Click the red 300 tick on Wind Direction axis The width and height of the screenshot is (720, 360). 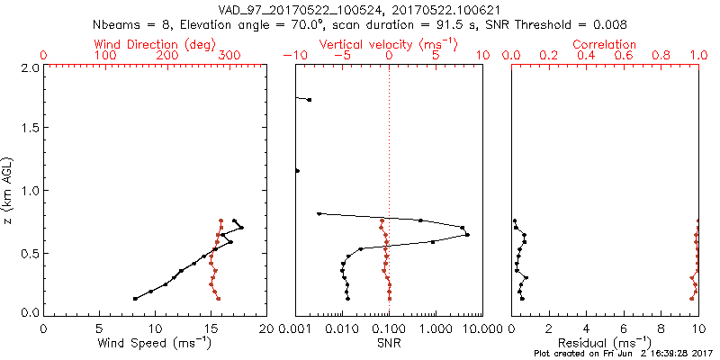pos(230,56)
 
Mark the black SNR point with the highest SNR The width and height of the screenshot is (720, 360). pos(468,235)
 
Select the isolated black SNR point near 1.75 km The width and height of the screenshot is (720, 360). pos(309,100)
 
